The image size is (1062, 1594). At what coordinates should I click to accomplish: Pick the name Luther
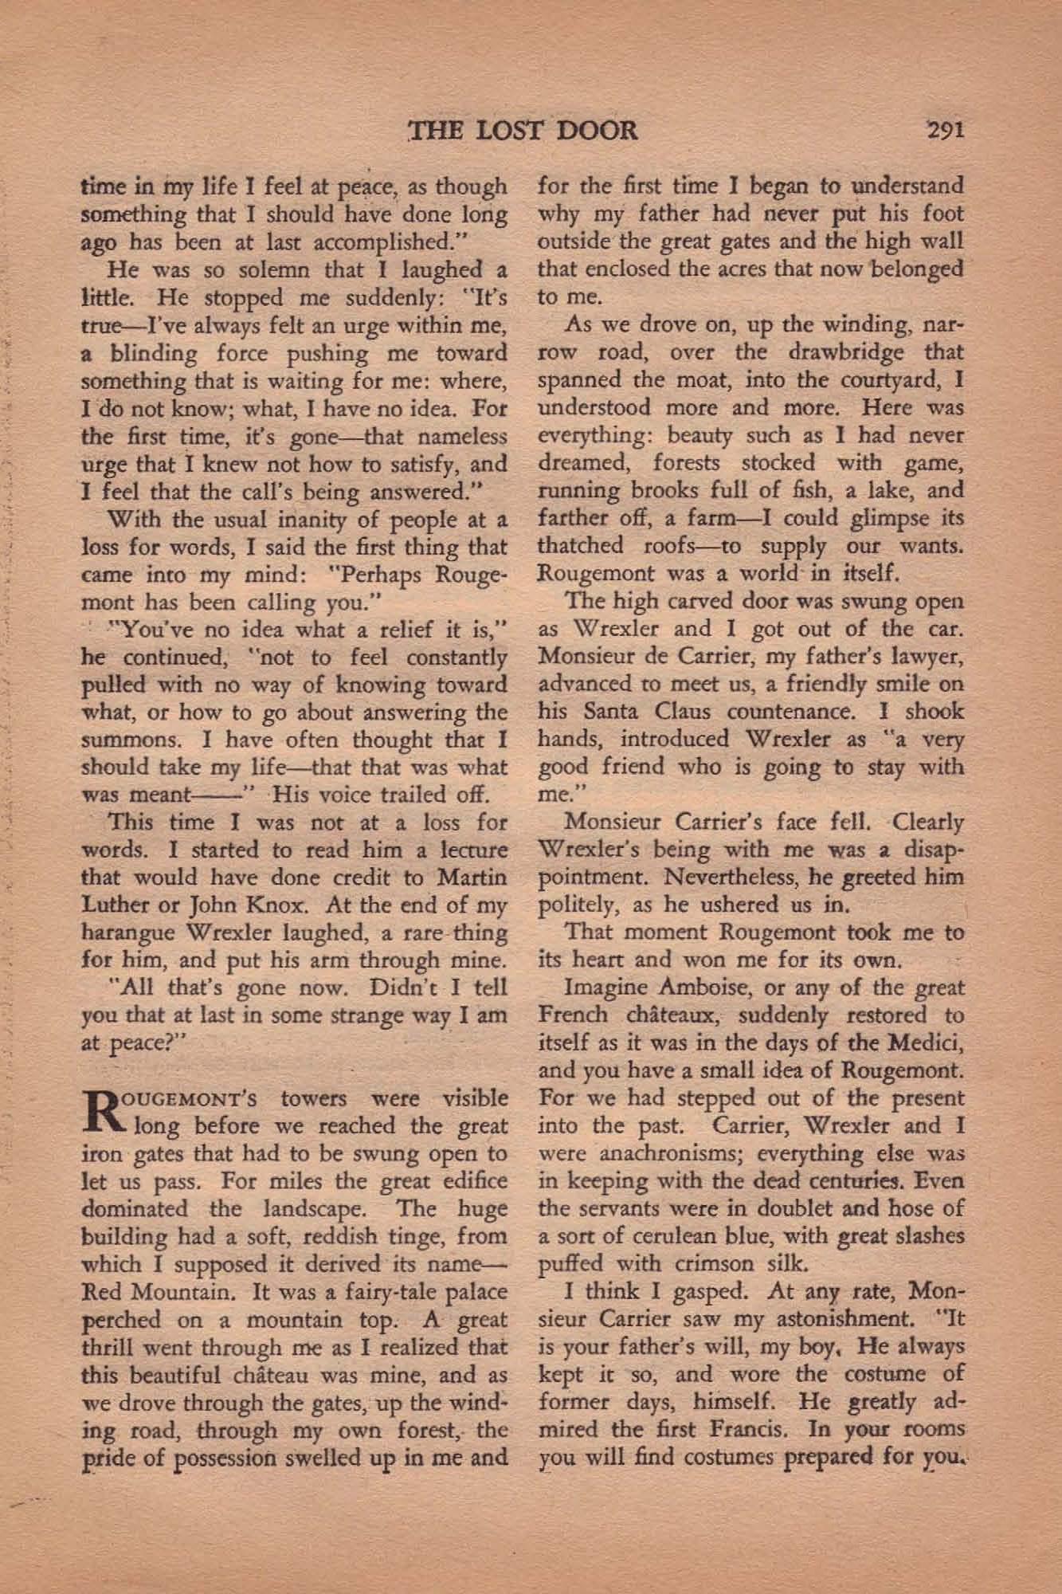click(x=112, y=905)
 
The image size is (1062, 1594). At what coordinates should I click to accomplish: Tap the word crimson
click(x=711, y=1263)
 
